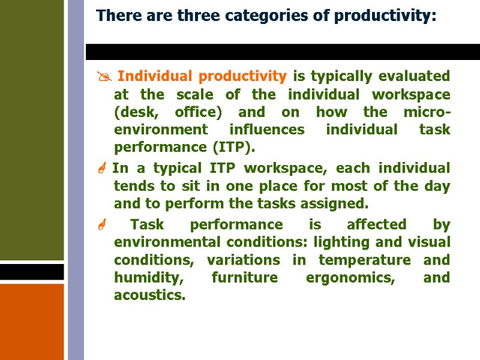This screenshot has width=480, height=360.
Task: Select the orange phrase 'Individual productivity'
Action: [202, 76]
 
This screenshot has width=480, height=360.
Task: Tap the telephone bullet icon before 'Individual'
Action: [101, 77]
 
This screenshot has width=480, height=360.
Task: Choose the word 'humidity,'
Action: [146, 278]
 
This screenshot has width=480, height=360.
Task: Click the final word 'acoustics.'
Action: [149, 295]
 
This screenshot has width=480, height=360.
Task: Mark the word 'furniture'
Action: [243, 278]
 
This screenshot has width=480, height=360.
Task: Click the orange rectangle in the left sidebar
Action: [32, 321]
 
